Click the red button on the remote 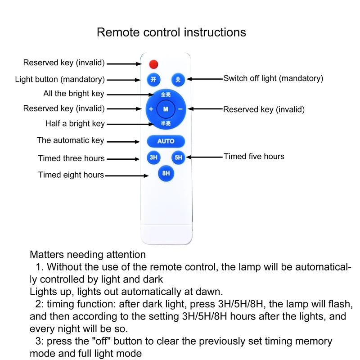154,63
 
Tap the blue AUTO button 166,141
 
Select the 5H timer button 179,157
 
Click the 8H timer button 166,173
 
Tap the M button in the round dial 166,109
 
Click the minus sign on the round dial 180,109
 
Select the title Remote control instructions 171,32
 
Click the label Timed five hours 254,157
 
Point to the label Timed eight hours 71,175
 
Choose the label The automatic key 70,140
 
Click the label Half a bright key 75,123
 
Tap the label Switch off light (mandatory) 273,78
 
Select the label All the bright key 73,94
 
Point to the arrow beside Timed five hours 205,157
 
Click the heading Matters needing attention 88,255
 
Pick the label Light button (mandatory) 60,80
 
